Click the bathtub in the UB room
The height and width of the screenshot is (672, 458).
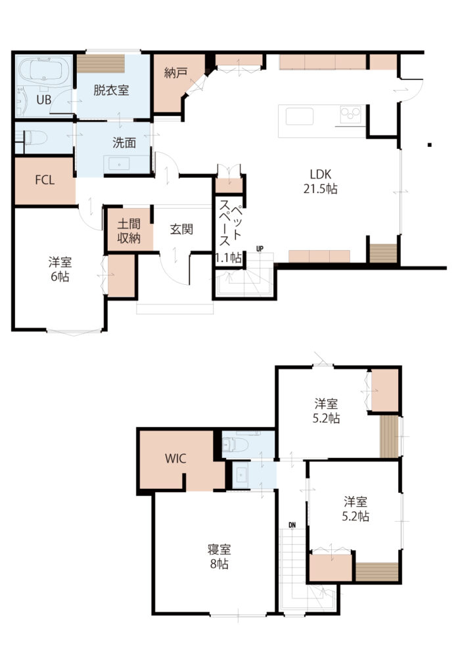[45, 68]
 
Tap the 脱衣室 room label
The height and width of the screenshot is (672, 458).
[111, 91]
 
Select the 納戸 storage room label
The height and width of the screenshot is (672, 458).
[175, 73]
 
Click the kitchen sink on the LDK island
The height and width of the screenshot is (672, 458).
[299, 116]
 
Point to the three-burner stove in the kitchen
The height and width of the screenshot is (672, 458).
[351, 114]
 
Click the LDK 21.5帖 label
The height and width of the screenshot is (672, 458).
[320, 181]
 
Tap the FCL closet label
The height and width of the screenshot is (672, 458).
[45, 180]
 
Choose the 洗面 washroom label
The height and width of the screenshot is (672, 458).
[124, 142]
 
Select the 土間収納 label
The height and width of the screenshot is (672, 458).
[129, 230]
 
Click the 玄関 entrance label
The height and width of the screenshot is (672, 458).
[181, 229]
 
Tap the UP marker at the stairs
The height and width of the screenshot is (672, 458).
[260, 249]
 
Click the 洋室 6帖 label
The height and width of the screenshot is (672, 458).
[60, 268]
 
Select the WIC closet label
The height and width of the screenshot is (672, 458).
[175, 459]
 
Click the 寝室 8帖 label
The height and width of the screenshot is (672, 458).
[219, 556]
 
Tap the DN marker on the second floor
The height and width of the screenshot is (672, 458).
[292, 525]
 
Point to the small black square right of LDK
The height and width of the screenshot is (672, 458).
[429, 145]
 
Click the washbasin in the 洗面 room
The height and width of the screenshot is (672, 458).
[119, 163]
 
